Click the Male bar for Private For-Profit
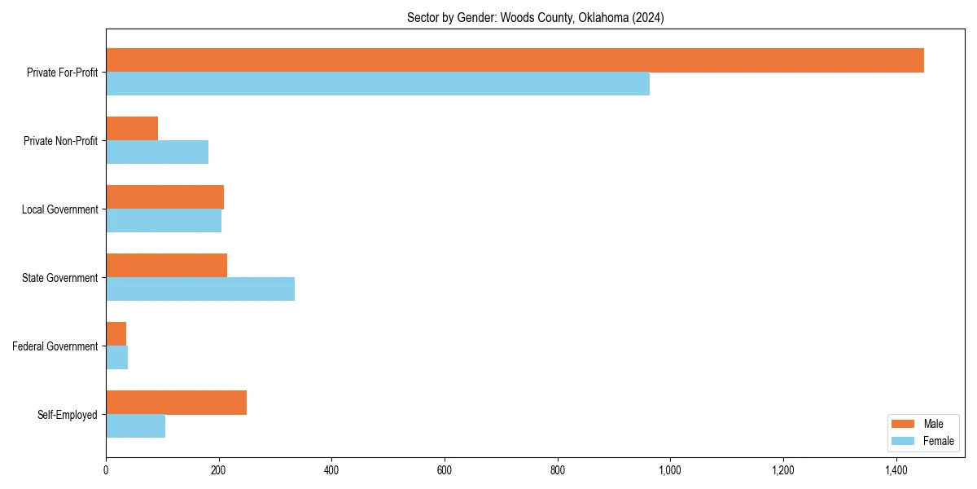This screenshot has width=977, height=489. (x=515, y=60)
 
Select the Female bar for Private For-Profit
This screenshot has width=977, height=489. (x=378, y=84)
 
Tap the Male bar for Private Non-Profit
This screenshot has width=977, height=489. (x=132, y=129)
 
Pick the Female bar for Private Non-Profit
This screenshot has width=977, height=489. (x=157, y=152)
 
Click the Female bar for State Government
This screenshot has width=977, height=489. (x=200, y=289)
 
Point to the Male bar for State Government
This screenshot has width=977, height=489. (x=166, y=266)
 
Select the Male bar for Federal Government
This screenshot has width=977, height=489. (x=116, y=334)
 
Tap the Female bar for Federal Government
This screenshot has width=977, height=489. (x=117, y=358)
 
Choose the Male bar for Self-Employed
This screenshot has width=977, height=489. (x=176, y=403)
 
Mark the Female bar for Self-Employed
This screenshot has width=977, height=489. (x=136, y=426)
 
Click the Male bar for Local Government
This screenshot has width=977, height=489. (x=164, y=197)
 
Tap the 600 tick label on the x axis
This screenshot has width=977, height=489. (x=445, y=470)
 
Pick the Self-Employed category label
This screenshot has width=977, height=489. (x=67, y=415)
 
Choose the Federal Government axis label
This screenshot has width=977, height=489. (x=55, y=346)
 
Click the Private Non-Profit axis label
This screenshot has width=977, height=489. (x=60, y=141)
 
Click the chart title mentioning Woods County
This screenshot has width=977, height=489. (x=535, y=18)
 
